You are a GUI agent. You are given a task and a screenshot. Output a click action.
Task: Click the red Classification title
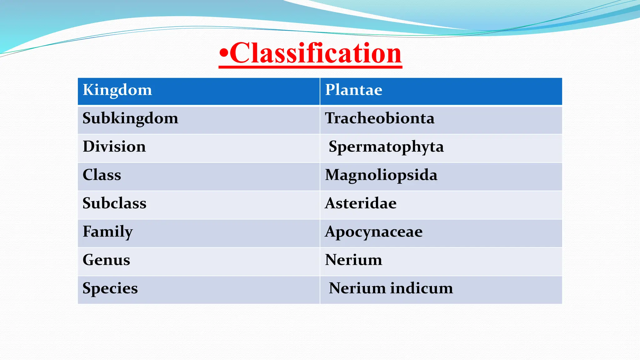click(x=316, y=53)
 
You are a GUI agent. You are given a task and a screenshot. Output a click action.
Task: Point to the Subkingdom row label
click(x=130, y=118)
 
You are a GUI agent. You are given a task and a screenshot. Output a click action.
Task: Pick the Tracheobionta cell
click(x=380, y=118)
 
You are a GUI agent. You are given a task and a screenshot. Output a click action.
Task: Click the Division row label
click(x=114, y=147)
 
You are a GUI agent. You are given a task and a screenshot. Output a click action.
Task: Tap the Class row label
click(x=102, y=175)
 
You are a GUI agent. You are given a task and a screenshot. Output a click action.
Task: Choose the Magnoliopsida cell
click(x=381, y=175)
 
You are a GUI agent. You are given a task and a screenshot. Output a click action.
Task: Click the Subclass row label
click(x=114, y=203)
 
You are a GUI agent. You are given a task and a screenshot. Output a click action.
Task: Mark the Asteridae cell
click(x=361, y=203)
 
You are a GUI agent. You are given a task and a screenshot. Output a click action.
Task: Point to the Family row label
click(x=107, y=232)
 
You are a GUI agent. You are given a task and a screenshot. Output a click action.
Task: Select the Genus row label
click(x=106, y=260)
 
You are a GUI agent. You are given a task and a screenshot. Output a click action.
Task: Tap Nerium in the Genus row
click(x=353, y=260)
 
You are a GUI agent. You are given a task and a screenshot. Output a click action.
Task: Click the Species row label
click(x=110, y=288)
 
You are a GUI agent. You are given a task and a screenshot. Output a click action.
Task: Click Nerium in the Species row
click(x=357, y=288)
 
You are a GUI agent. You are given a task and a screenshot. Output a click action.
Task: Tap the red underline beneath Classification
click(x=310, y=66)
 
